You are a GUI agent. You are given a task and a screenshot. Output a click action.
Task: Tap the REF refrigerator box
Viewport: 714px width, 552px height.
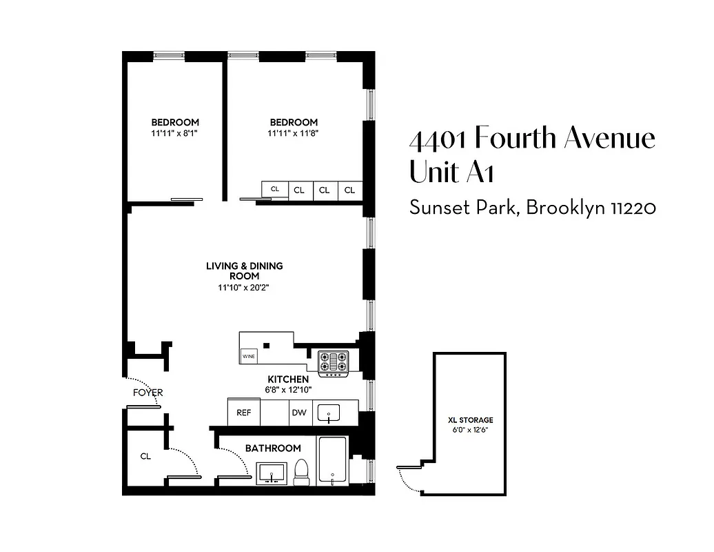(243, 413)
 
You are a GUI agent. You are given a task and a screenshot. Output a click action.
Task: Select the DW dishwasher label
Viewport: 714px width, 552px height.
(298, 413)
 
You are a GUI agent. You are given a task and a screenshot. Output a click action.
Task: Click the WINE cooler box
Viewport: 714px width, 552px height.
(248, 357)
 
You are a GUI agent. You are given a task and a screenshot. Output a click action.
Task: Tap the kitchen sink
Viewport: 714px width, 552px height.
(329, 413)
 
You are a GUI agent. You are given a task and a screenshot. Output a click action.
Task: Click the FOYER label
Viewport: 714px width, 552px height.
(147, 393)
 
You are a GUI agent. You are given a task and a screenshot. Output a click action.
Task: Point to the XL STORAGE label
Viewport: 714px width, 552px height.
(471, 420)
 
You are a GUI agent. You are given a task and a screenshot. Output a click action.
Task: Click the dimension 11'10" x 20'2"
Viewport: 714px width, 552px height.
(244, 288)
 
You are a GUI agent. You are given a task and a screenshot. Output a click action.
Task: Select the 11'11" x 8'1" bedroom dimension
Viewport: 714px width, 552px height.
(175, 132)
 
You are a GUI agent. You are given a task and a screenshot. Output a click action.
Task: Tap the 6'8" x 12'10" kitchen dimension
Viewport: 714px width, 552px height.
(288, 389)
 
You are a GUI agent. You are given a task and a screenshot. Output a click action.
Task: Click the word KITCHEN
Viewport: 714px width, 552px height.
(288, 379)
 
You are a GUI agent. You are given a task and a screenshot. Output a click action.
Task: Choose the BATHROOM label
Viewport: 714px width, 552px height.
(273, 448)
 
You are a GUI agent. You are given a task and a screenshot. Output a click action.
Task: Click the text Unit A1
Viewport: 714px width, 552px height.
(451, 171)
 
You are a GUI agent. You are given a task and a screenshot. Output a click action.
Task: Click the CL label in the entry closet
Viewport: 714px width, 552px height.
(145, 455)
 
